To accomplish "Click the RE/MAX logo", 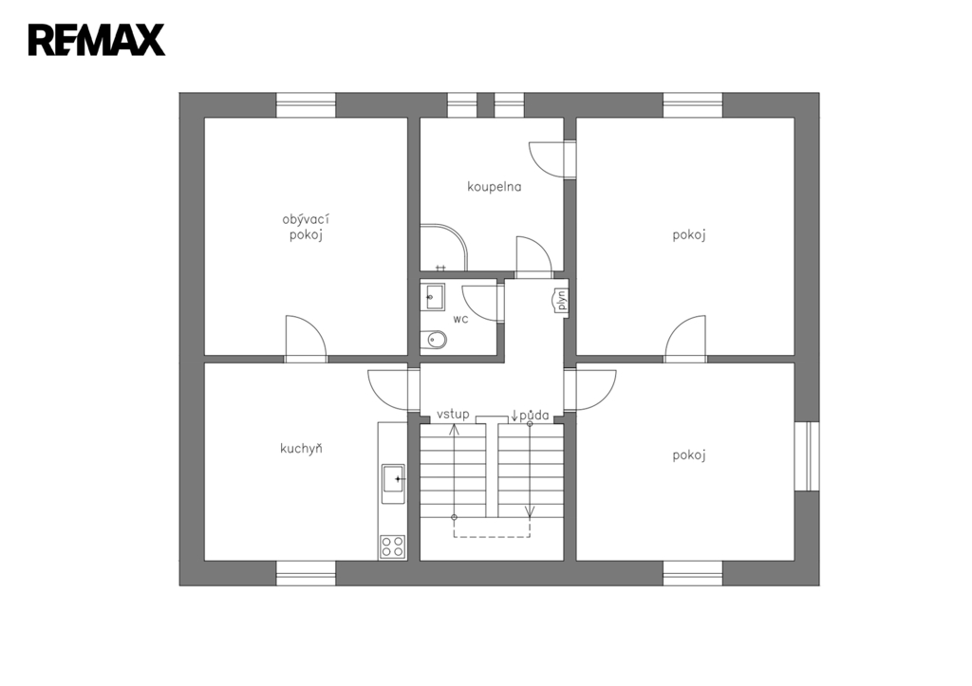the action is [x=97, y=40].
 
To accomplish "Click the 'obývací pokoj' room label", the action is [x=306, y=227].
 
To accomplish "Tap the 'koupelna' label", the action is [x=494, y=187].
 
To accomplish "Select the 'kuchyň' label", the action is [x=301, y=448].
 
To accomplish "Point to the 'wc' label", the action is [x=460, y=319].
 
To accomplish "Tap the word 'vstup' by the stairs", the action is [x=453, y=414].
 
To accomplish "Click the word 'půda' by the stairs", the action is [x=533, y=416].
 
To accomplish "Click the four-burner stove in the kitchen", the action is [x=392, y=547].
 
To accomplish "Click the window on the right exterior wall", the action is [x=807, y=456].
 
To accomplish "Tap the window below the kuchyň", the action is [x=306, y=573].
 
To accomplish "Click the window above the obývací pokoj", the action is [x=306, y=104].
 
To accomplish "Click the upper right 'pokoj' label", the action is [x=689, y=235].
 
